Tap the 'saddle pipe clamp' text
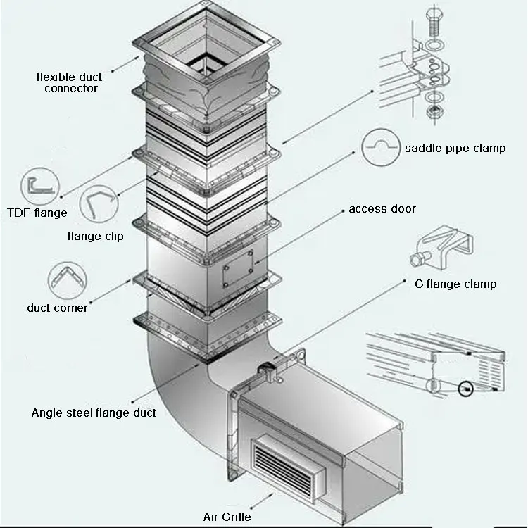click(455, 148)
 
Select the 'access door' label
click(382, 208)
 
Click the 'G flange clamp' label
click(455, 284)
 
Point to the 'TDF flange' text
click(37, 213)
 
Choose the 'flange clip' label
click(95, 236)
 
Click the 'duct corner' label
click(58, 308)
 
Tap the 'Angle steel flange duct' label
click(94, 413)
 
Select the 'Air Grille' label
click(226, 517)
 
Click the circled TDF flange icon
click(39, 186)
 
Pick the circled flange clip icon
click(99, 205)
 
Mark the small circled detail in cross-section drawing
click(465, 389)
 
